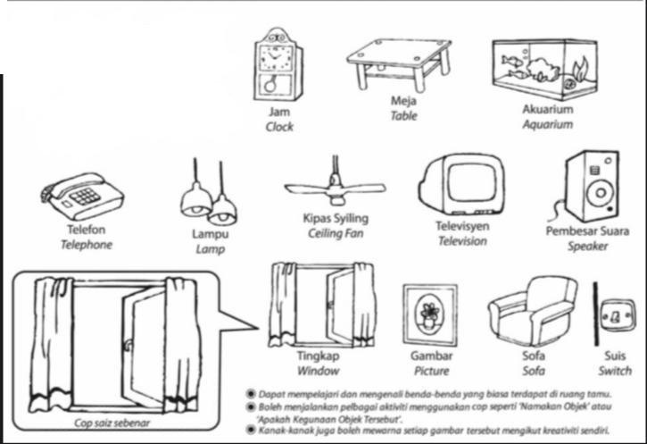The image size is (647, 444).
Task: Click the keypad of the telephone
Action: (x=86, y=196)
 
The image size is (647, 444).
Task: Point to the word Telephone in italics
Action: (x=86, y=245)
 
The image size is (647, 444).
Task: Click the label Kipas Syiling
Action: (x=336, y=219)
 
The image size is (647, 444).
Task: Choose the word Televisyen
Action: (x=462, y=226)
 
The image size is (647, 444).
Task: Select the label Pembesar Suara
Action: (x=587, y=230)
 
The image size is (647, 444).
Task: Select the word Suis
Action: (x=615, y=356)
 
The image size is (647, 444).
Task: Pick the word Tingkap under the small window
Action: (x=319, y=356)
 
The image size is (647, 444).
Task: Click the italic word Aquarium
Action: (x=547, y=125)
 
